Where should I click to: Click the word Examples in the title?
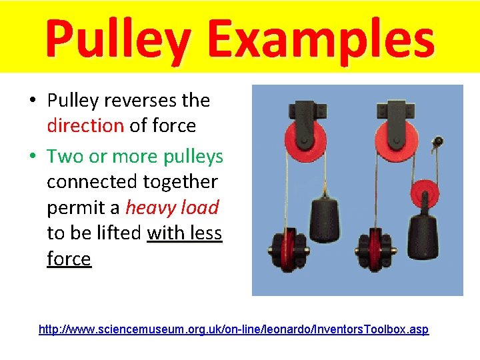pyautogui.click(x=321, y=39)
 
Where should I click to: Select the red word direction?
pyautogui.click(x=85, y=125)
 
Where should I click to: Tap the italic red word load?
pyautogui.click(x=199, y=207)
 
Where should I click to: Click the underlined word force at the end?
pyautogui.click(x=69, y=259)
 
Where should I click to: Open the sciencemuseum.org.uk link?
pyautogui.click(x=234, y=330)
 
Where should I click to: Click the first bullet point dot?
pyautogui.click(x=33, y=101)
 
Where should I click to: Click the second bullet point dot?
pyautogui.click(x=33, y=157)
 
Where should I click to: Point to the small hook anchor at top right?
pyautogui.click(x=438, y=142)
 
